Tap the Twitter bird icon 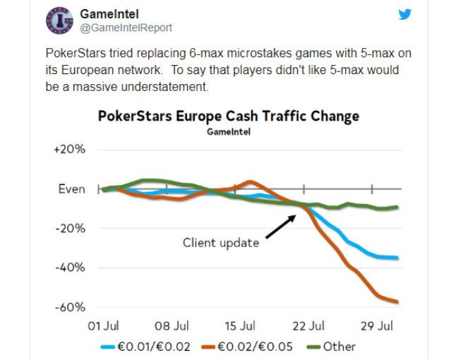coord(405,13)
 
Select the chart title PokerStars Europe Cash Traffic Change coord(228,116)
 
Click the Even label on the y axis coord(71,189)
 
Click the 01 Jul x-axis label coord(103,326)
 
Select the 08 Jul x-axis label coord(172,326)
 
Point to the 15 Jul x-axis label coord(239,326)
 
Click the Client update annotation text coord(221,243)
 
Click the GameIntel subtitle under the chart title coord(228,132)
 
